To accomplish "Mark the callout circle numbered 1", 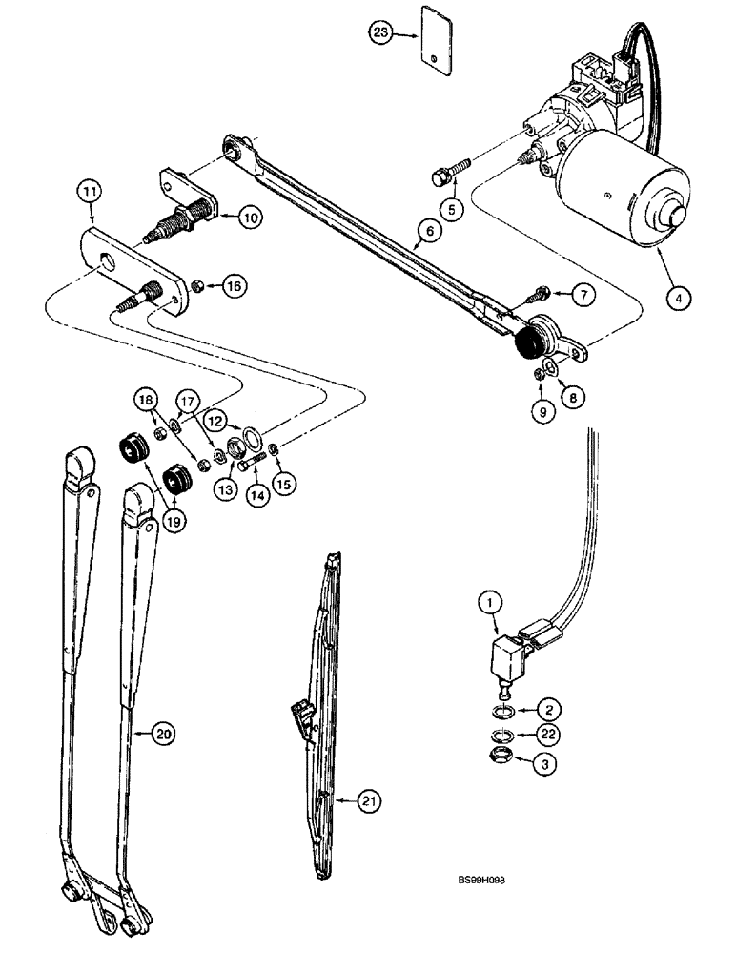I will [488, 603].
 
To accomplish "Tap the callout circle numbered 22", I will [547, 734].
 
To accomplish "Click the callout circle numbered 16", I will [234, 285].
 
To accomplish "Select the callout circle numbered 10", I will [249, 218].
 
